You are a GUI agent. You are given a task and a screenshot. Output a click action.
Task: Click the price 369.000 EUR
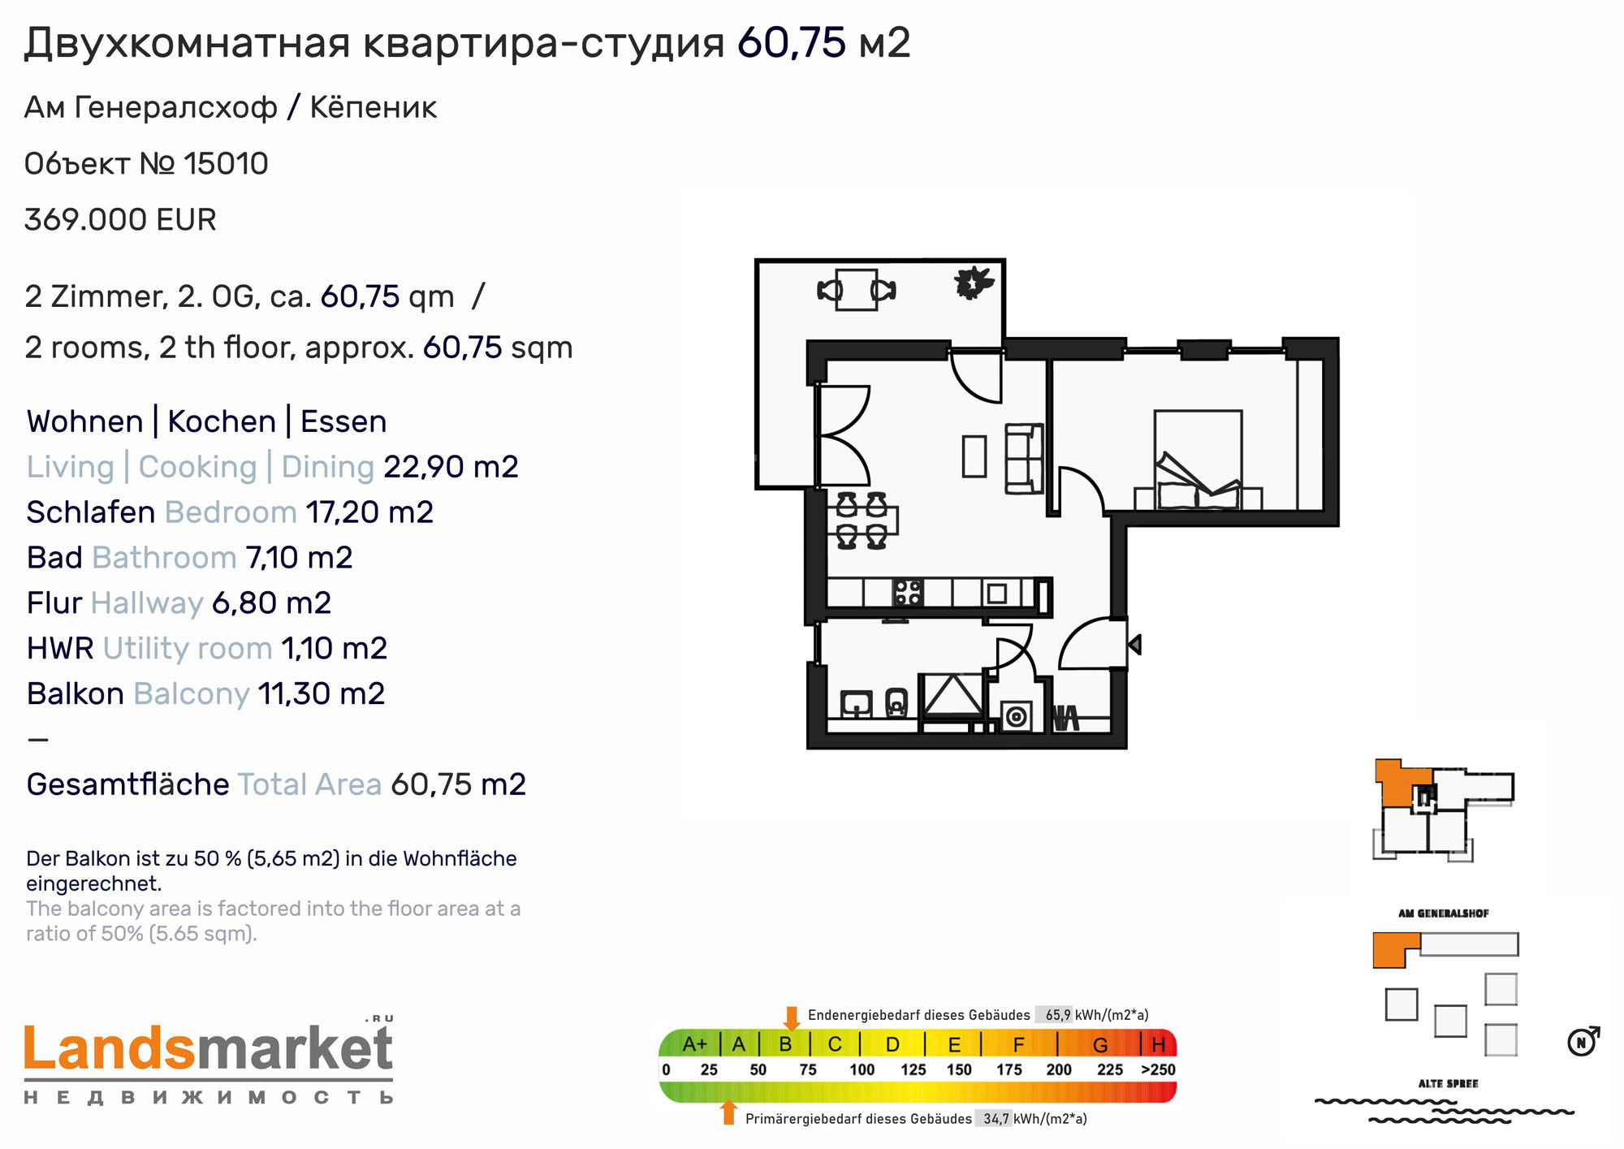pos(120,219)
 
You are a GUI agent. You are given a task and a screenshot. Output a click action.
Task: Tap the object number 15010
pos(226,163)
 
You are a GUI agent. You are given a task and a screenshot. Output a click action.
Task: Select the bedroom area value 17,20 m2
pos(369,512)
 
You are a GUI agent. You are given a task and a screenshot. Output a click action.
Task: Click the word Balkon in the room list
pos(76,693)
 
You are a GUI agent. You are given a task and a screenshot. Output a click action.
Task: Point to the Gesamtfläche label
pos(128,784)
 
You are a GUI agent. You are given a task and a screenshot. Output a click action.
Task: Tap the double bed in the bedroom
pos(1199,460)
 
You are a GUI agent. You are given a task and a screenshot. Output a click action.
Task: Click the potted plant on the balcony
pos(973,283)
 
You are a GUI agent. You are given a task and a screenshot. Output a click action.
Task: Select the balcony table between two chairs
pos(857,290)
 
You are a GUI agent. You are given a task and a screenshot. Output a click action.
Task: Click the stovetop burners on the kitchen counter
pos(908,592)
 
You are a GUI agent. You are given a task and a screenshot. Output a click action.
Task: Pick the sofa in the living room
pos(1025,458)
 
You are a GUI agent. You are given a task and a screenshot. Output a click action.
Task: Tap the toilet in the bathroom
pos(896,702)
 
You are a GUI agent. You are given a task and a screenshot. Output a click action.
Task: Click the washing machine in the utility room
pos(1016,715)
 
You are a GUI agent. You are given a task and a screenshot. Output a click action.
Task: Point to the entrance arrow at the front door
pos(1135,645)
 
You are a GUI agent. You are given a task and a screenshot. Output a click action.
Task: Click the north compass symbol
pos(1583,1041)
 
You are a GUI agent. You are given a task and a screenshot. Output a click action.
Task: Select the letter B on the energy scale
pos(785,1044)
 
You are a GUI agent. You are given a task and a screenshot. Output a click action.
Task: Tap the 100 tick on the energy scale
pos(862,1069)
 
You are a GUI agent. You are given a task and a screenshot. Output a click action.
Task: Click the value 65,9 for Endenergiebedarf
pos(1057,1015)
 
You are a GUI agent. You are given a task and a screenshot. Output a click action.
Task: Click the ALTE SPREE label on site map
pos(1448,1083)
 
